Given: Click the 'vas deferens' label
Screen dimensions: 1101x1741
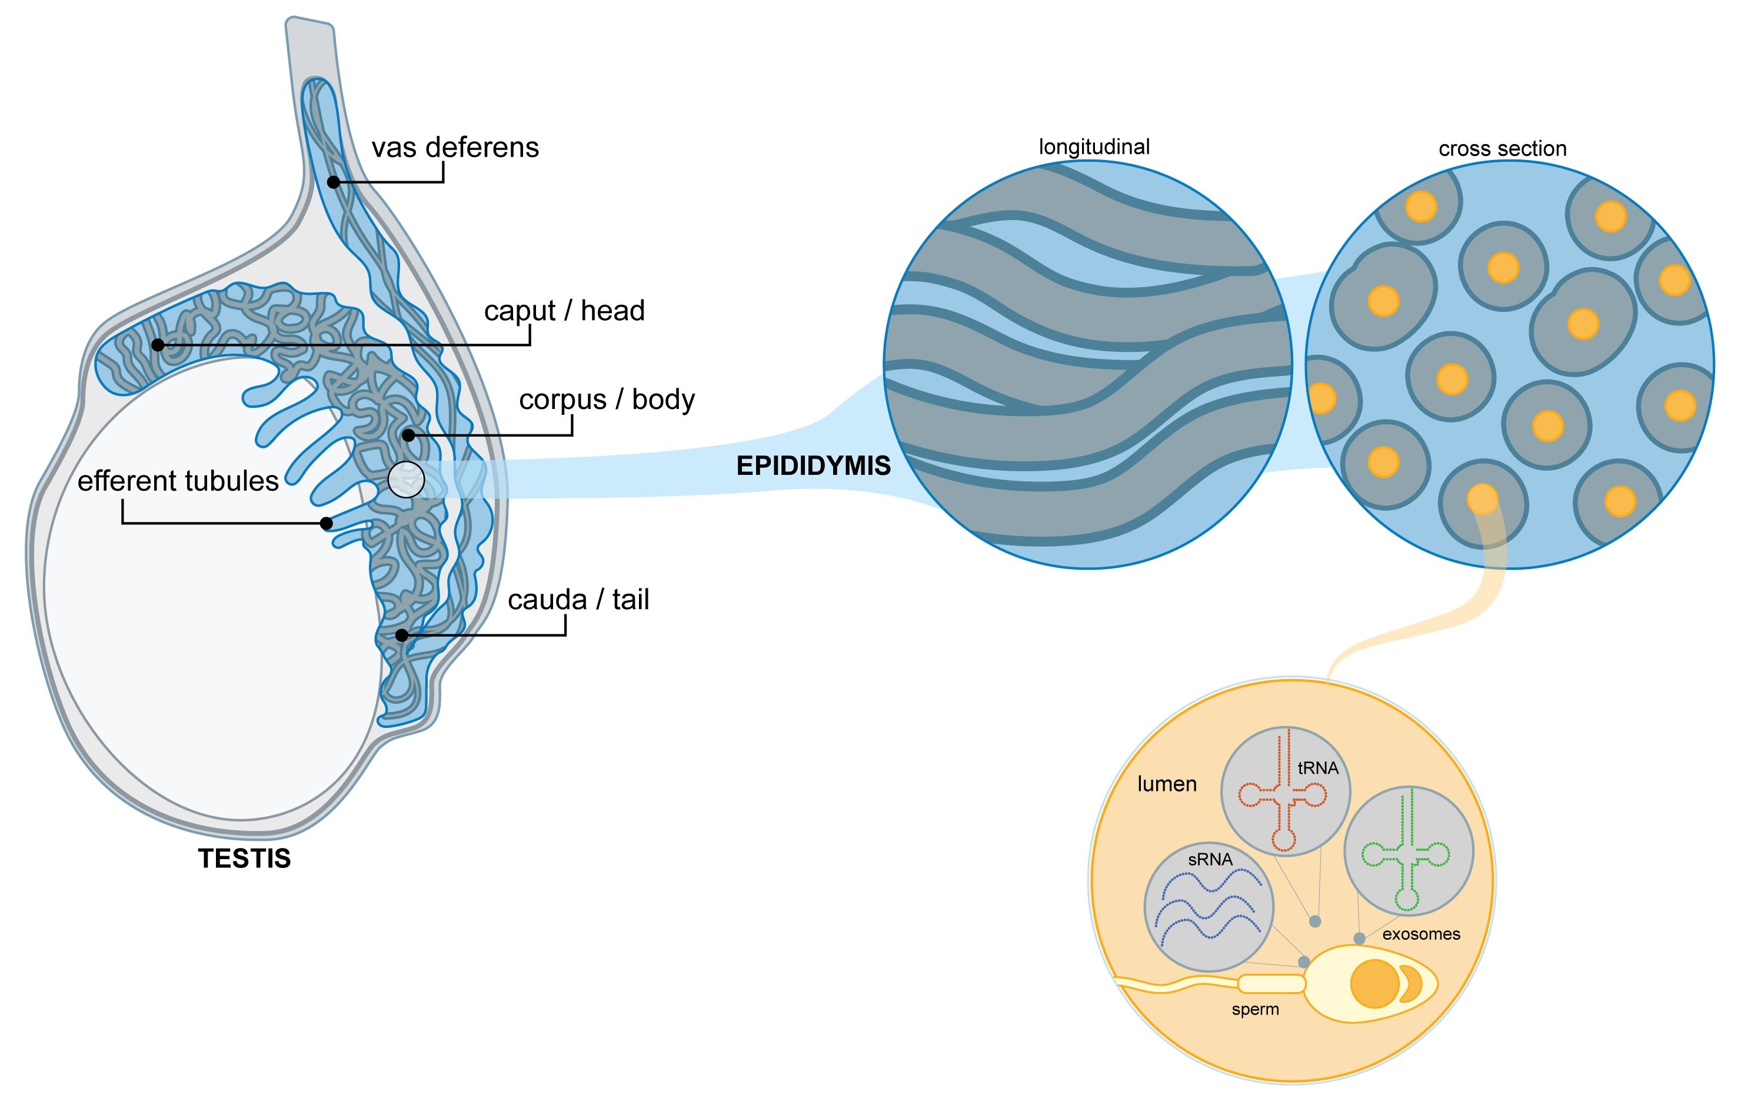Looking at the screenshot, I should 455,148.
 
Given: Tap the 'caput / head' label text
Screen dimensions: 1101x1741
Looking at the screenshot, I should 564,311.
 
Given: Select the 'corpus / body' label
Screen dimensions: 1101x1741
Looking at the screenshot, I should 607,400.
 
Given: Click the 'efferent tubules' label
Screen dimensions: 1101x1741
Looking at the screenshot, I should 178,481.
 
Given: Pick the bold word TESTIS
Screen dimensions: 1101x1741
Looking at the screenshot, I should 244,859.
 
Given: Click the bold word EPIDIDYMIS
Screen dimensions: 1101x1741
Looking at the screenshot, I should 813,466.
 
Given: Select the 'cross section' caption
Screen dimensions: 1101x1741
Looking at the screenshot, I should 1502,149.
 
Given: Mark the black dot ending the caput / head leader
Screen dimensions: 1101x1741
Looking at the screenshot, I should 158,345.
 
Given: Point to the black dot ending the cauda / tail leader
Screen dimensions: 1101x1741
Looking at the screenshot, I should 402,636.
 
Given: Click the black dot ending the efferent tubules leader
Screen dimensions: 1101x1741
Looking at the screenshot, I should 326,523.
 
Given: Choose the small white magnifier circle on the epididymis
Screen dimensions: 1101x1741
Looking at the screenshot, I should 407,479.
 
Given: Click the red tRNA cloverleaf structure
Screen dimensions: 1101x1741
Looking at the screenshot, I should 1283,795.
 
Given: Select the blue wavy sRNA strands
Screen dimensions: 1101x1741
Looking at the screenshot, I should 1209,908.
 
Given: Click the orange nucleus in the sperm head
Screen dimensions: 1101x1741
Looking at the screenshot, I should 1374,984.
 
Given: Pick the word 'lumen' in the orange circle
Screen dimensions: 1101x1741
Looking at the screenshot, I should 1167,784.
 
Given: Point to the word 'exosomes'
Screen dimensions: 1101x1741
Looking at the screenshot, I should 1421,934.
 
